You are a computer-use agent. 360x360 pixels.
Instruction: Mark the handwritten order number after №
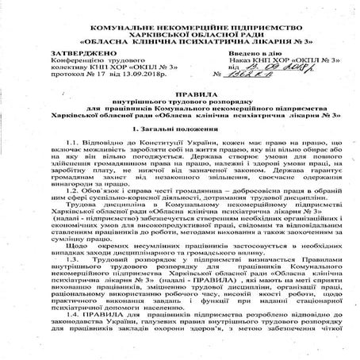pyautogui.click(x=247, y=79)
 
